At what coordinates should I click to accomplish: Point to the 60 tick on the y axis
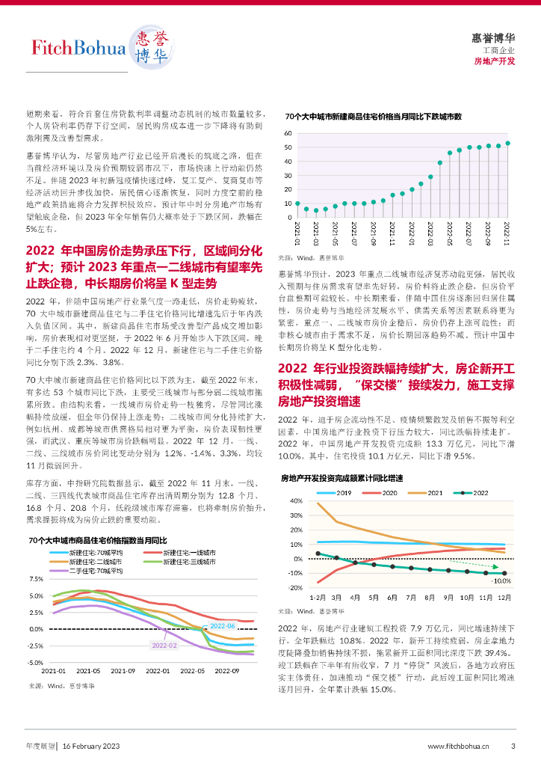(288, 133)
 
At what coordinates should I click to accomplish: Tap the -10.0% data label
(501, 580)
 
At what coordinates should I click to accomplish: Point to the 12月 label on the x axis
(504, 598)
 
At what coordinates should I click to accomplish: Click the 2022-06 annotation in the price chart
(222, 625)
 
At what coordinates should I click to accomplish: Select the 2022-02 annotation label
(164, 645)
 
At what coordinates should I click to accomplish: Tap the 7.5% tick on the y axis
(35, 580)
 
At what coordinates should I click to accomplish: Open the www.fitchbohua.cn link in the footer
(458, 746)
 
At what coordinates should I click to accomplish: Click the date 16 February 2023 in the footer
(90, 746)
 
